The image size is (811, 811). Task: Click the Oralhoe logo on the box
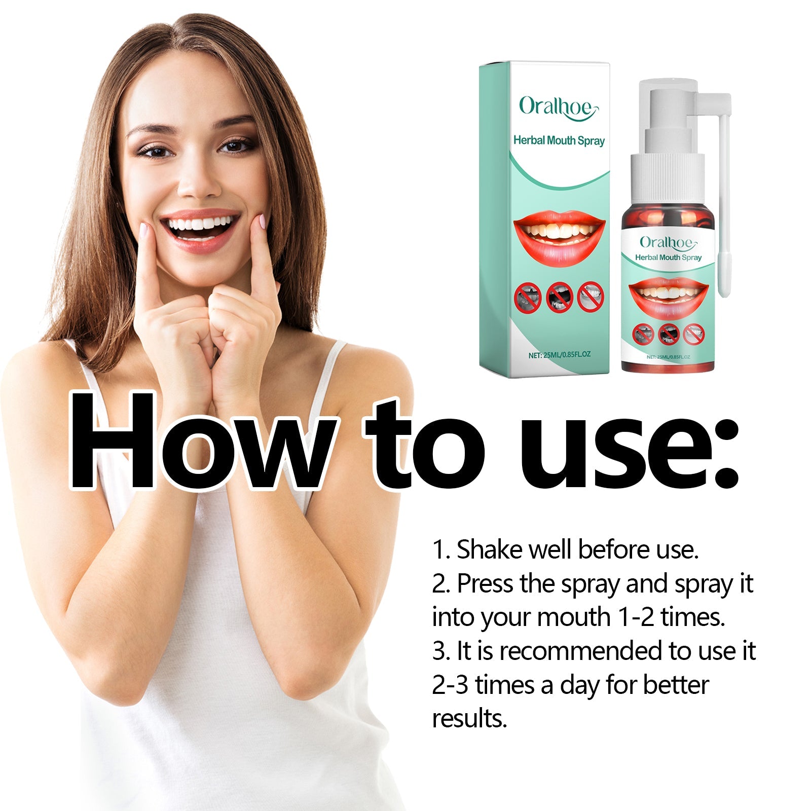558,107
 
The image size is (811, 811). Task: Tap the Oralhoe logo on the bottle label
668,243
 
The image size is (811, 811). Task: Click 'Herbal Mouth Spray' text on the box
559,140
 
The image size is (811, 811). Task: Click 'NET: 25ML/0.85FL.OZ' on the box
559,355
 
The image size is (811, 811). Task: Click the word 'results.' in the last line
469,719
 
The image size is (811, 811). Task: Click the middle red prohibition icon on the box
559,297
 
